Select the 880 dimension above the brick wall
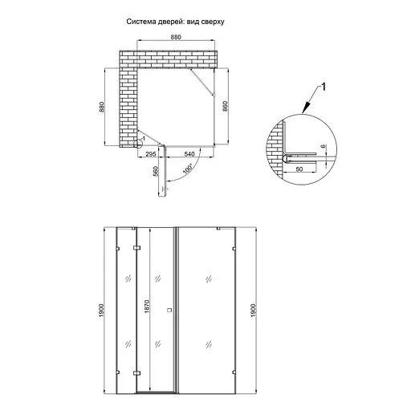click(x=176, y=37)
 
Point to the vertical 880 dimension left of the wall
click(x=101, y=107)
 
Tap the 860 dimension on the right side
click(x=225, y=107)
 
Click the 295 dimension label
click(x=151, y=154)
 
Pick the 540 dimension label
click(x=189, y=154)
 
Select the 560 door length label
click(x=156, y=171)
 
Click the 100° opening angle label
click(x=188, y=169)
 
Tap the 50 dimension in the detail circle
click(x=299, y=169)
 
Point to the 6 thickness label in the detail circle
click(x=323, y=146)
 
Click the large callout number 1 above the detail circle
click(x=324, y=87)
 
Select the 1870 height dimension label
click(x=147, y=307)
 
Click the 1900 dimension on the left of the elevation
click(x=101, y=311)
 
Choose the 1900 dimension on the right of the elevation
click(x=254, y=311)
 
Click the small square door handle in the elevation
click(x=169, y=310)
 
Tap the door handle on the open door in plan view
click(x=165, y=189)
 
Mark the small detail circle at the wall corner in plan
click(x=138, y=144)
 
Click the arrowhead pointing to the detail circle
click(x=307, y=108)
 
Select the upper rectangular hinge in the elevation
click(x=136, y=248)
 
